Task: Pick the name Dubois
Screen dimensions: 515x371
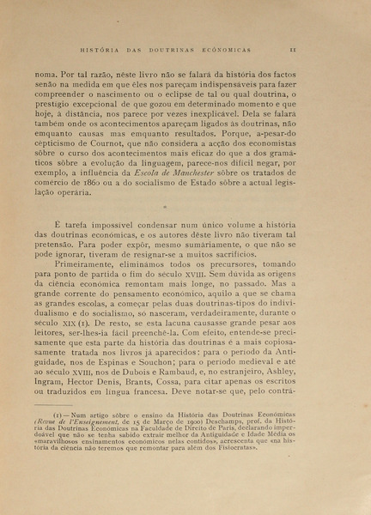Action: coord(135,387)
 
